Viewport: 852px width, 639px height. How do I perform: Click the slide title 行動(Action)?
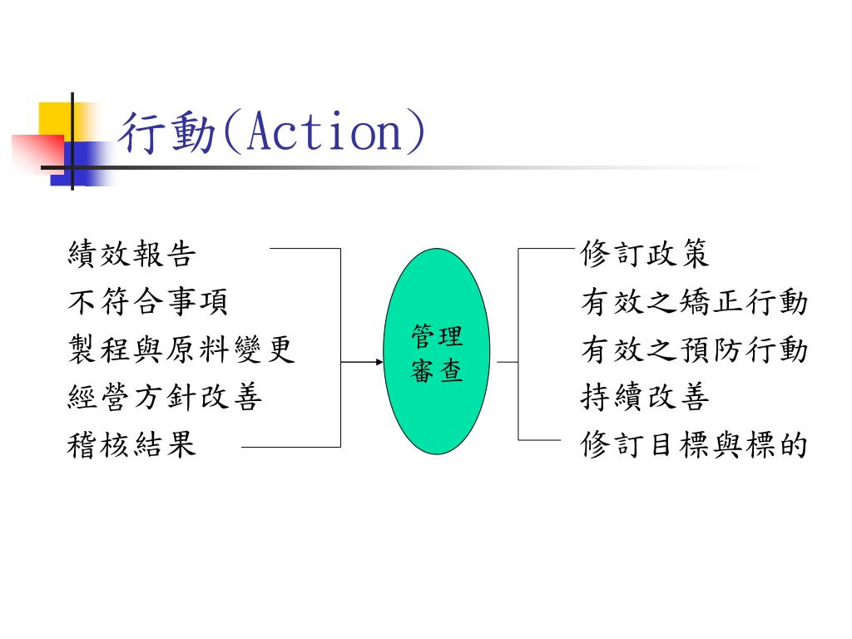click(272, 133)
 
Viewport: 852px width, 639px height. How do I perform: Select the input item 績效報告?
click(131, 254)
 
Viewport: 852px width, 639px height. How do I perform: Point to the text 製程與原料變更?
click(181, 349)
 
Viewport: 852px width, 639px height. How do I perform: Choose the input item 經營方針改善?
click(165, 398)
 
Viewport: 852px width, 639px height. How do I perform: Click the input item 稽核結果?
click(131, 445)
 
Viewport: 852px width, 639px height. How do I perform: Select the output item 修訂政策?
click(645, 254)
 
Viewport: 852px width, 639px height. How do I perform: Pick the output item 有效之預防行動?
click(694, 349)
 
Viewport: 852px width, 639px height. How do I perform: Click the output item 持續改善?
click(645, 398)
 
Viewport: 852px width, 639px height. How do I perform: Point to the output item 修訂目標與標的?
click(694, 445)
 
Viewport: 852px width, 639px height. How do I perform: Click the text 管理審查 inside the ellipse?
click(437, 354)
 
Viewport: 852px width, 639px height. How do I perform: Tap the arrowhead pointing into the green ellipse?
click(379, 363)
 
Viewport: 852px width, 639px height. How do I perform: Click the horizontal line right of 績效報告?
click(305, 248)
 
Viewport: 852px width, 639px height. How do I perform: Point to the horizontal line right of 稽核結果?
click(291, 447)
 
